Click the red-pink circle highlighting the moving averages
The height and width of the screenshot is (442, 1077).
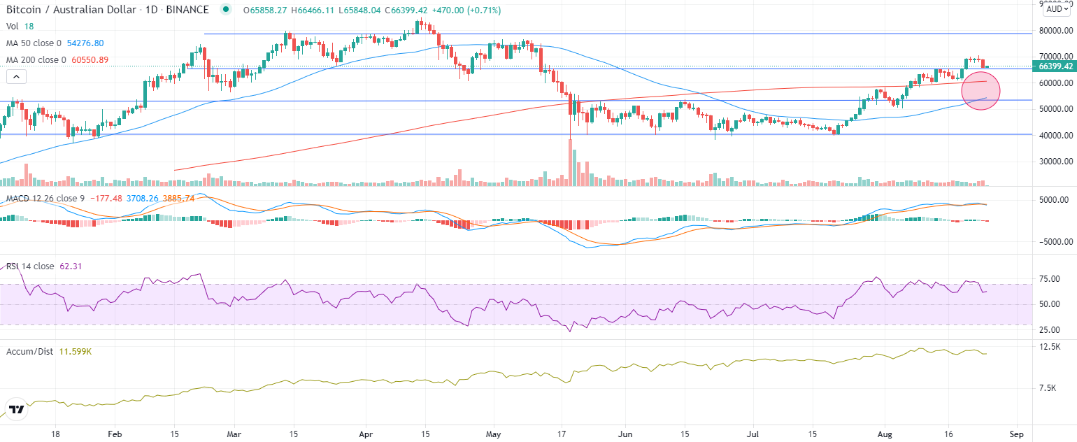pyautogui.click(x=981, y=90)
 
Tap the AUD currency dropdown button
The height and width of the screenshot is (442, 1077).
pyautogui.click(x=1055, y=10)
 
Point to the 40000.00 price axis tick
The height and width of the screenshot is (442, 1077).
pyautogui.click(x=1055, y=135)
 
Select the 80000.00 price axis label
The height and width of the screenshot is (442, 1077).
pyautogui.click(x=1055, y=31)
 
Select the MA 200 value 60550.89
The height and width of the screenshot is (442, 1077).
pyautogui.click(x=85, y=59)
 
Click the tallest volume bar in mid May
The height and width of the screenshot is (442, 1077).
pyautogui.click(x=571, y=162)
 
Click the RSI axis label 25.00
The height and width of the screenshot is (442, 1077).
pyautogui.click(x=1051, y=330)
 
